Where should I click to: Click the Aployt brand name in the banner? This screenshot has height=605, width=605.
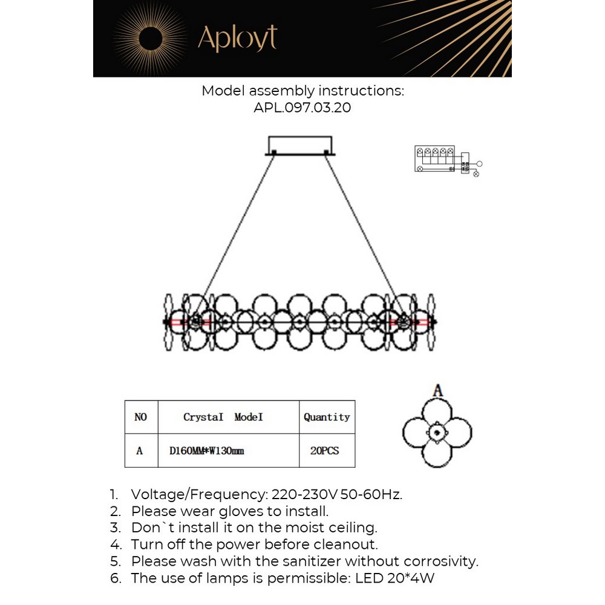pyautogui.click(x=237, y=38)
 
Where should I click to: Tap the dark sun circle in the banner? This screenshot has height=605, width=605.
pyautogui.click(x=151, y=39)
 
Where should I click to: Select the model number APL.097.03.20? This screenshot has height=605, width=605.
pyautogui.click(x=302, y=108)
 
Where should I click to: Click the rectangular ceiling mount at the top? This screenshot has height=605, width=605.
pyautogui.click(x=299, y=146)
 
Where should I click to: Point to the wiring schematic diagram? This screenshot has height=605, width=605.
pyautogui.click(x=446, y=160)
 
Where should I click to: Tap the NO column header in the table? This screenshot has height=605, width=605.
pyautogui.click(x=140, y=417)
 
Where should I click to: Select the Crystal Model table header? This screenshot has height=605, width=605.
pyautogui.click(x=223, y=417)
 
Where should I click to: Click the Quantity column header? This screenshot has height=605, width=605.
pyautogui.click(x=327, y=417)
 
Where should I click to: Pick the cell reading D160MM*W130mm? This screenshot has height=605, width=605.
pyautogui.click(x=207, y=451)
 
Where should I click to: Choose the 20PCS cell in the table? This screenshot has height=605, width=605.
pyautogui.click(x=324, y=451)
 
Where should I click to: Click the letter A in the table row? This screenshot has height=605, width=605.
pyautogui.click(x=140, y=451)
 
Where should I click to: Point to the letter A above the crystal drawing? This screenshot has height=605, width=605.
pyautogui.click(x=437, y=391)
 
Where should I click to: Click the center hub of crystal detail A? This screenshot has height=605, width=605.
pyautogui.click(x=437, y=433)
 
